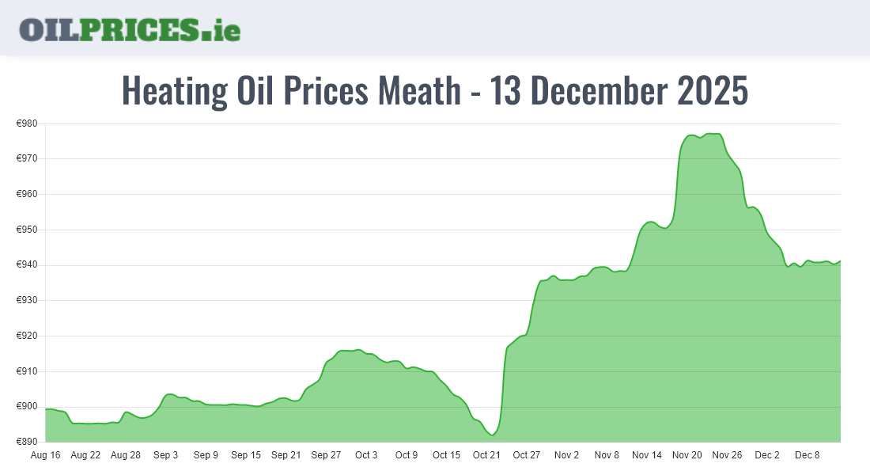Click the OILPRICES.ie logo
(x=130, y=29)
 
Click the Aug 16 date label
(x=45, y=455)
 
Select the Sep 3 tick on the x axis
(x=165, y=455)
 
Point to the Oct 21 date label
(x=486, y=455)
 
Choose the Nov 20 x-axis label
(x=687, y=455)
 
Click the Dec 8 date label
(x=808, y=455)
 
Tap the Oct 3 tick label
(x=366, y=455)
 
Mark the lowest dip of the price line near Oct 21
(x=492, y=435)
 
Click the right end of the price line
(x=840, y=260)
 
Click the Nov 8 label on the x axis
(x=607, y=455)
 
